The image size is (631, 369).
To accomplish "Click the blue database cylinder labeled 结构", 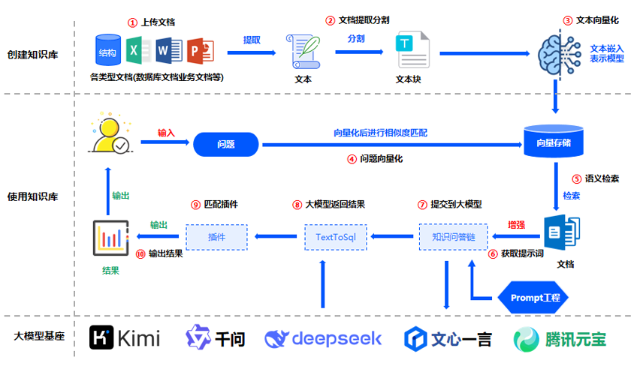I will click(107, 52).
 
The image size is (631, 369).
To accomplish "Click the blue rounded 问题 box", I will click(225, 143).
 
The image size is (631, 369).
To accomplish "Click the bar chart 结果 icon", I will click(110, 238).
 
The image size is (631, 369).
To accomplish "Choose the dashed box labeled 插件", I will click(216, 238).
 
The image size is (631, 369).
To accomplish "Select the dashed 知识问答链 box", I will click(452, 238).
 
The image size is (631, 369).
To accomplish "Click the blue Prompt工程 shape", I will click(534, 298).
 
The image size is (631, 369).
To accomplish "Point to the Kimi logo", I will click(125, 338).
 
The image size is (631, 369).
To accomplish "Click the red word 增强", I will click(517, 225).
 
